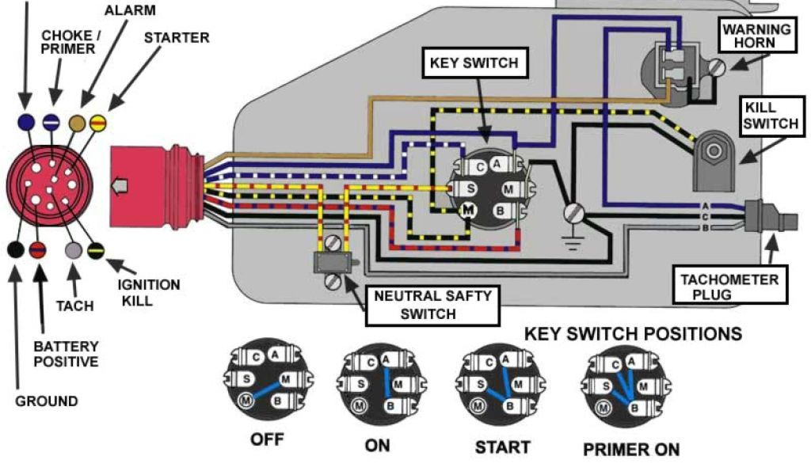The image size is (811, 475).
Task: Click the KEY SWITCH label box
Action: pos(473,63)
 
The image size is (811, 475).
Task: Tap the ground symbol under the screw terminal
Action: pos(572,239)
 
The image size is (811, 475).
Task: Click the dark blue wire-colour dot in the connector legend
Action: pos(25,122)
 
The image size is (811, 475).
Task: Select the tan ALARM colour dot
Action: pos(78,123)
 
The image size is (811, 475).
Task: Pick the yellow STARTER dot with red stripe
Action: pos(98,123)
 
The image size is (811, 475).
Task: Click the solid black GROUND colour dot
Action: pos(14,250)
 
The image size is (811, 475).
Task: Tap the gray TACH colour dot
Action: pos(73,251)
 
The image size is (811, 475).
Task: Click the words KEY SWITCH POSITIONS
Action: pos(634,333)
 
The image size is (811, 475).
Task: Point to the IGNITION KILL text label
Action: pos(149,291)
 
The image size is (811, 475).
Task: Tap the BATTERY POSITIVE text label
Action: pos(66,354)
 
